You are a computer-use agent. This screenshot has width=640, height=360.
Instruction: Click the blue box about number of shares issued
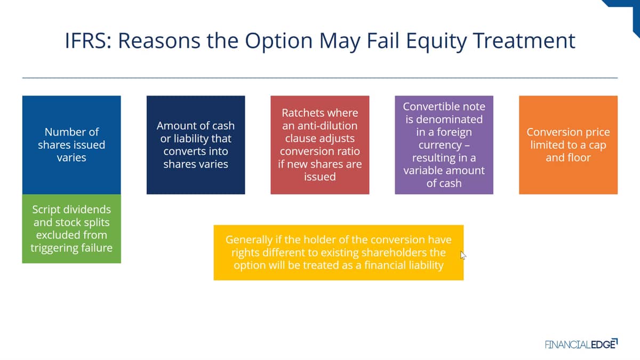[x=71, y=145]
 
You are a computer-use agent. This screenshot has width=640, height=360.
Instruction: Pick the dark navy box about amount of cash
[x=196, y=145]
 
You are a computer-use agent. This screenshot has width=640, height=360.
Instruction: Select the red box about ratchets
[x=320, y=145]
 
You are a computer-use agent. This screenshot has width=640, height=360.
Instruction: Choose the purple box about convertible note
[x=444, y=145]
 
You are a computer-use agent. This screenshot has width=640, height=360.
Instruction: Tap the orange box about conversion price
[x=569, y=145]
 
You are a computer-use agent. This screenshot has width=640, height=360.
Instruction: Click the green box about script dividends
[x=71, y=229]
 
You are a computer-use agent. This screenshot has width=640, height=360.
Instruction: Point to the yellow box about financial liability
[x=339, y=253]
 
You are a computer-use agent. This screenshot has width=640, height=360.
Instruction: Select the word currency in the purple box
[x=440, y=146]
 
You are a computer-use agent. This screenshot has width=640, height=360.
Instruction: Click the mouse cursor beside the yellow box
[x=463, y=255]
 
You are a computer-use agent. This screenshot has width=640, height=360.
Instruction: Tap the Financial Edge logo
[x=581, y=344]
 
